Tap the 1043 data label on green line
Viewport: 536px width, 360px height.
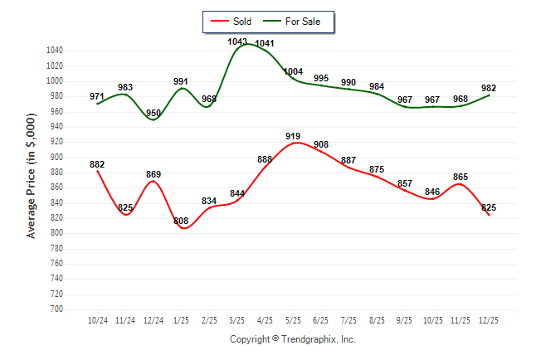(x=237, y=41)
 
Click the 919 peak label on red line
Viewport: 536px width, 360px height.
(x=293, y=136)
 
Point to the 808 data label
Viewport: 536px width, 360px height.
(x=182, y=221)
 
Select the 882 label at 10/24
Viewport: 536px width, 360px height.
(x=97, y=164)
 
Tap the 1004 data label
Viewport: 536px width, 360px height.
(x=293, y=72)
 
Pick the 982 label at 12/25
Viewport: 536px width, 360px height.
(x=488, y=88)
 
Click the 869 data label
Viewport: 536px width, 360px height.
(x=153, y=174)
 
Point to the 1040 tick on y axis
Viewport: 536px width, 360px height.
(x=55, y=51)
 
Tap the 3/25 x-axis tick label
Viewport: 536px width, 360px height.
(x=237, y=320)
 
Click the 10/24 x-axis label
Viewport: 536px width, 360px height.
(x=98, y=320)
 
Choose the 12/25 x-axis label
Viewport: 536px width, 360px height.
(x=488, y=320)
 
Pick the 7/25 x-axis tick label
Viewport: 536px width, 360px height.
(x=348, y=320)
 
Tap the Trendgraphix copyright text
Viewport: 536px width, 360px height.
(x=292, y=339)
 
